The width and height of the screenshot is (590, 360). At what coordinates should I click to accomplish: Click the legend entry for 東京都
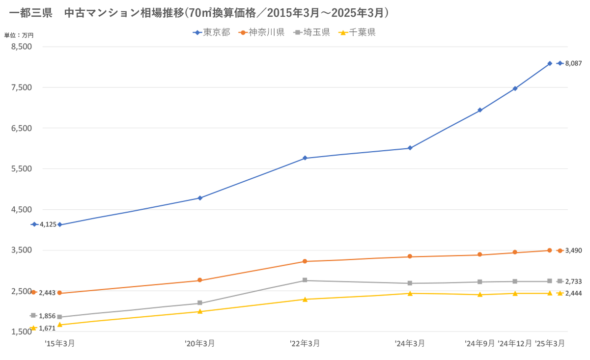212,33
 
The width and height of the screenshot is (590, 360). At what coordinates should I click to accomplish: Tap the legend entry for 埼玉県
312,33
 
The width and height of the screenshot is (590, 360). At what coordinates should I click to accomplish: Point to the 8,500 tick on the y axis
21,47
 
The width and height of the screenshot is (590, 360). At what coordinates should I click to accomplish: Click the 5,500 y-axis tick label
21,168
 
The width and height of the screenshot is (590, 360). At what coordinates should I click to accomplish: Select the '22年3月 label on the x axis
305,344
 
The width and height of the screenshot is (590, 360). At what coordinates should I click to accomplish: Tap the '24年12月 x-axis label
515,344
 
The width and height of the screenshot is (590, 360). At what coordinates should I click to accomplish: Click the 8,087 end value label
574,63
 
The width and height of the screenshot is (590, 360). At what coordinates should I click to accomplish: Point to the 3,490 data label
574,250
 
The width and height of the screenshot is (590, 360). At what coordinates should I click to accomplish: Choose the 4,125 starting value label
48,224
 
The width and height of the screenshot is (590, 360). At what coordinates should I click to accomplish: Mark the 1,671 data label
47,328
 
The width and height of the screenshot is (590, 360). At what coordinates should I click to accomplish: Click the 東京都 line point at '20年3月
200,198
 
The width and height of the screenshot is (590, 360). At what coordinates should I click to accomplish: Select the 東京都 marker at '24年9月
479,111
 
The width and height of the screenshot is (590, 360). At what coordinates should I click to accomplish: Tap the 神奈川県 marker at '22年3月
305,261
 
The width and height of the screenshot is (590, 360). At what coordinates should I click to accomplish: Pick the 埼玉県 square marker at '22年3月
305,280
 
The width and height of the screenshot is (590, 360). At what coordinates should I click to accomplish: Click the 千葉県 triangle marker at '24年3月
410,293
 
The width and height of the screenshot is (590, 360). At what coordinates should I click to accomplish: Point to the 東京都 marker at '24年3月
410,148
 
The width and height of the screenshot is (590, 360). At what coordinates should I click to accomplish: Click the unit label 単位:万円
19,35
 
